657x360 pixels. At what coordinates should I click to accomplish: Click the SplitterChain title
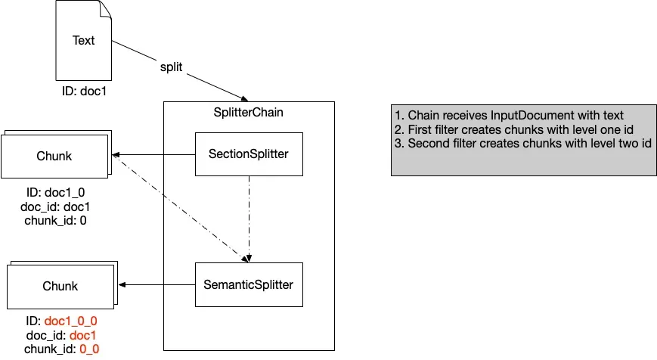pyautogui.click(x=248, y=113)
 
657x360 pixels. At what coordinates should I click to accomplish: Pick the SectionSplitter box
pyautogui.click(x=249, y=155)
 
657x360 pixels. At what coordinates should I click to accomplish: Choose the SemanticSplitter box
pyautogui.click(x=249, y=284)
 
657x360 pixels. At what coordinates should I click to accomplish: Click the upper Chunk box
pyautogui.click(x=54, y=156)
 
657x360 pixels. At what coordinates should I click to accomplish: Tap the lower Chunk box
pyautogui.click(x=60, y=286)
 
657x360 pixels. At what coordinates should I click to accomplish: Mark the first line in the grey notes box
pyautogui.click(x=509, y=116)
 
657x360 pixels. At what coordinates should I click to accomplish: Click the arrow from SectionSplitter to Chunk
pyautogui.click(x=154, y=156)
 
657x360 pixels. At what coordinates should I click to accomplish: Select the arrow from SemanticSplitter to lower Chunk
pyautogui.click(x=159, y=285)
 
